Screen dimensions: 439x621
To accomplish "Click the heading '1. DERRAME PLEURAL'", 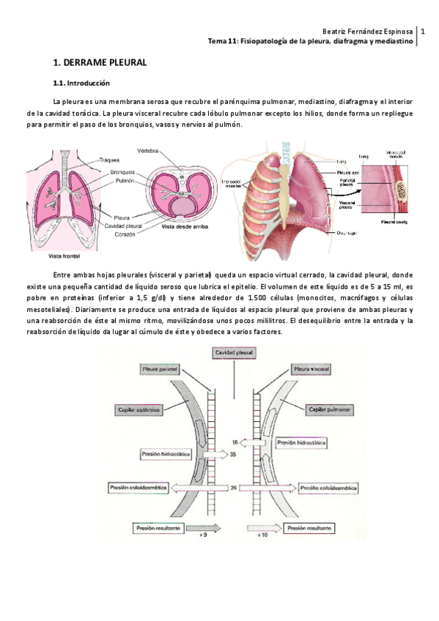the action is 100,64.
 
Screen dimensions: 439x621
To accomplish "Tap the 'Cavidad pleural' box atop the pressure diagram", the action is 235,353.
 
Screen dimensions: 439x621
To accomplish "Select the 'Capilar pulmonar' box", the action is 329,410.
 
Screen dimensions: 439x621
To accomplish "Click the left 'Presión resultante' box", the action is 158,527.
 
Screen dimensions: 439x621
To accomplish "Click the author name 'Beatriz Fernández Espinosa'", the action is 368,32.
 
